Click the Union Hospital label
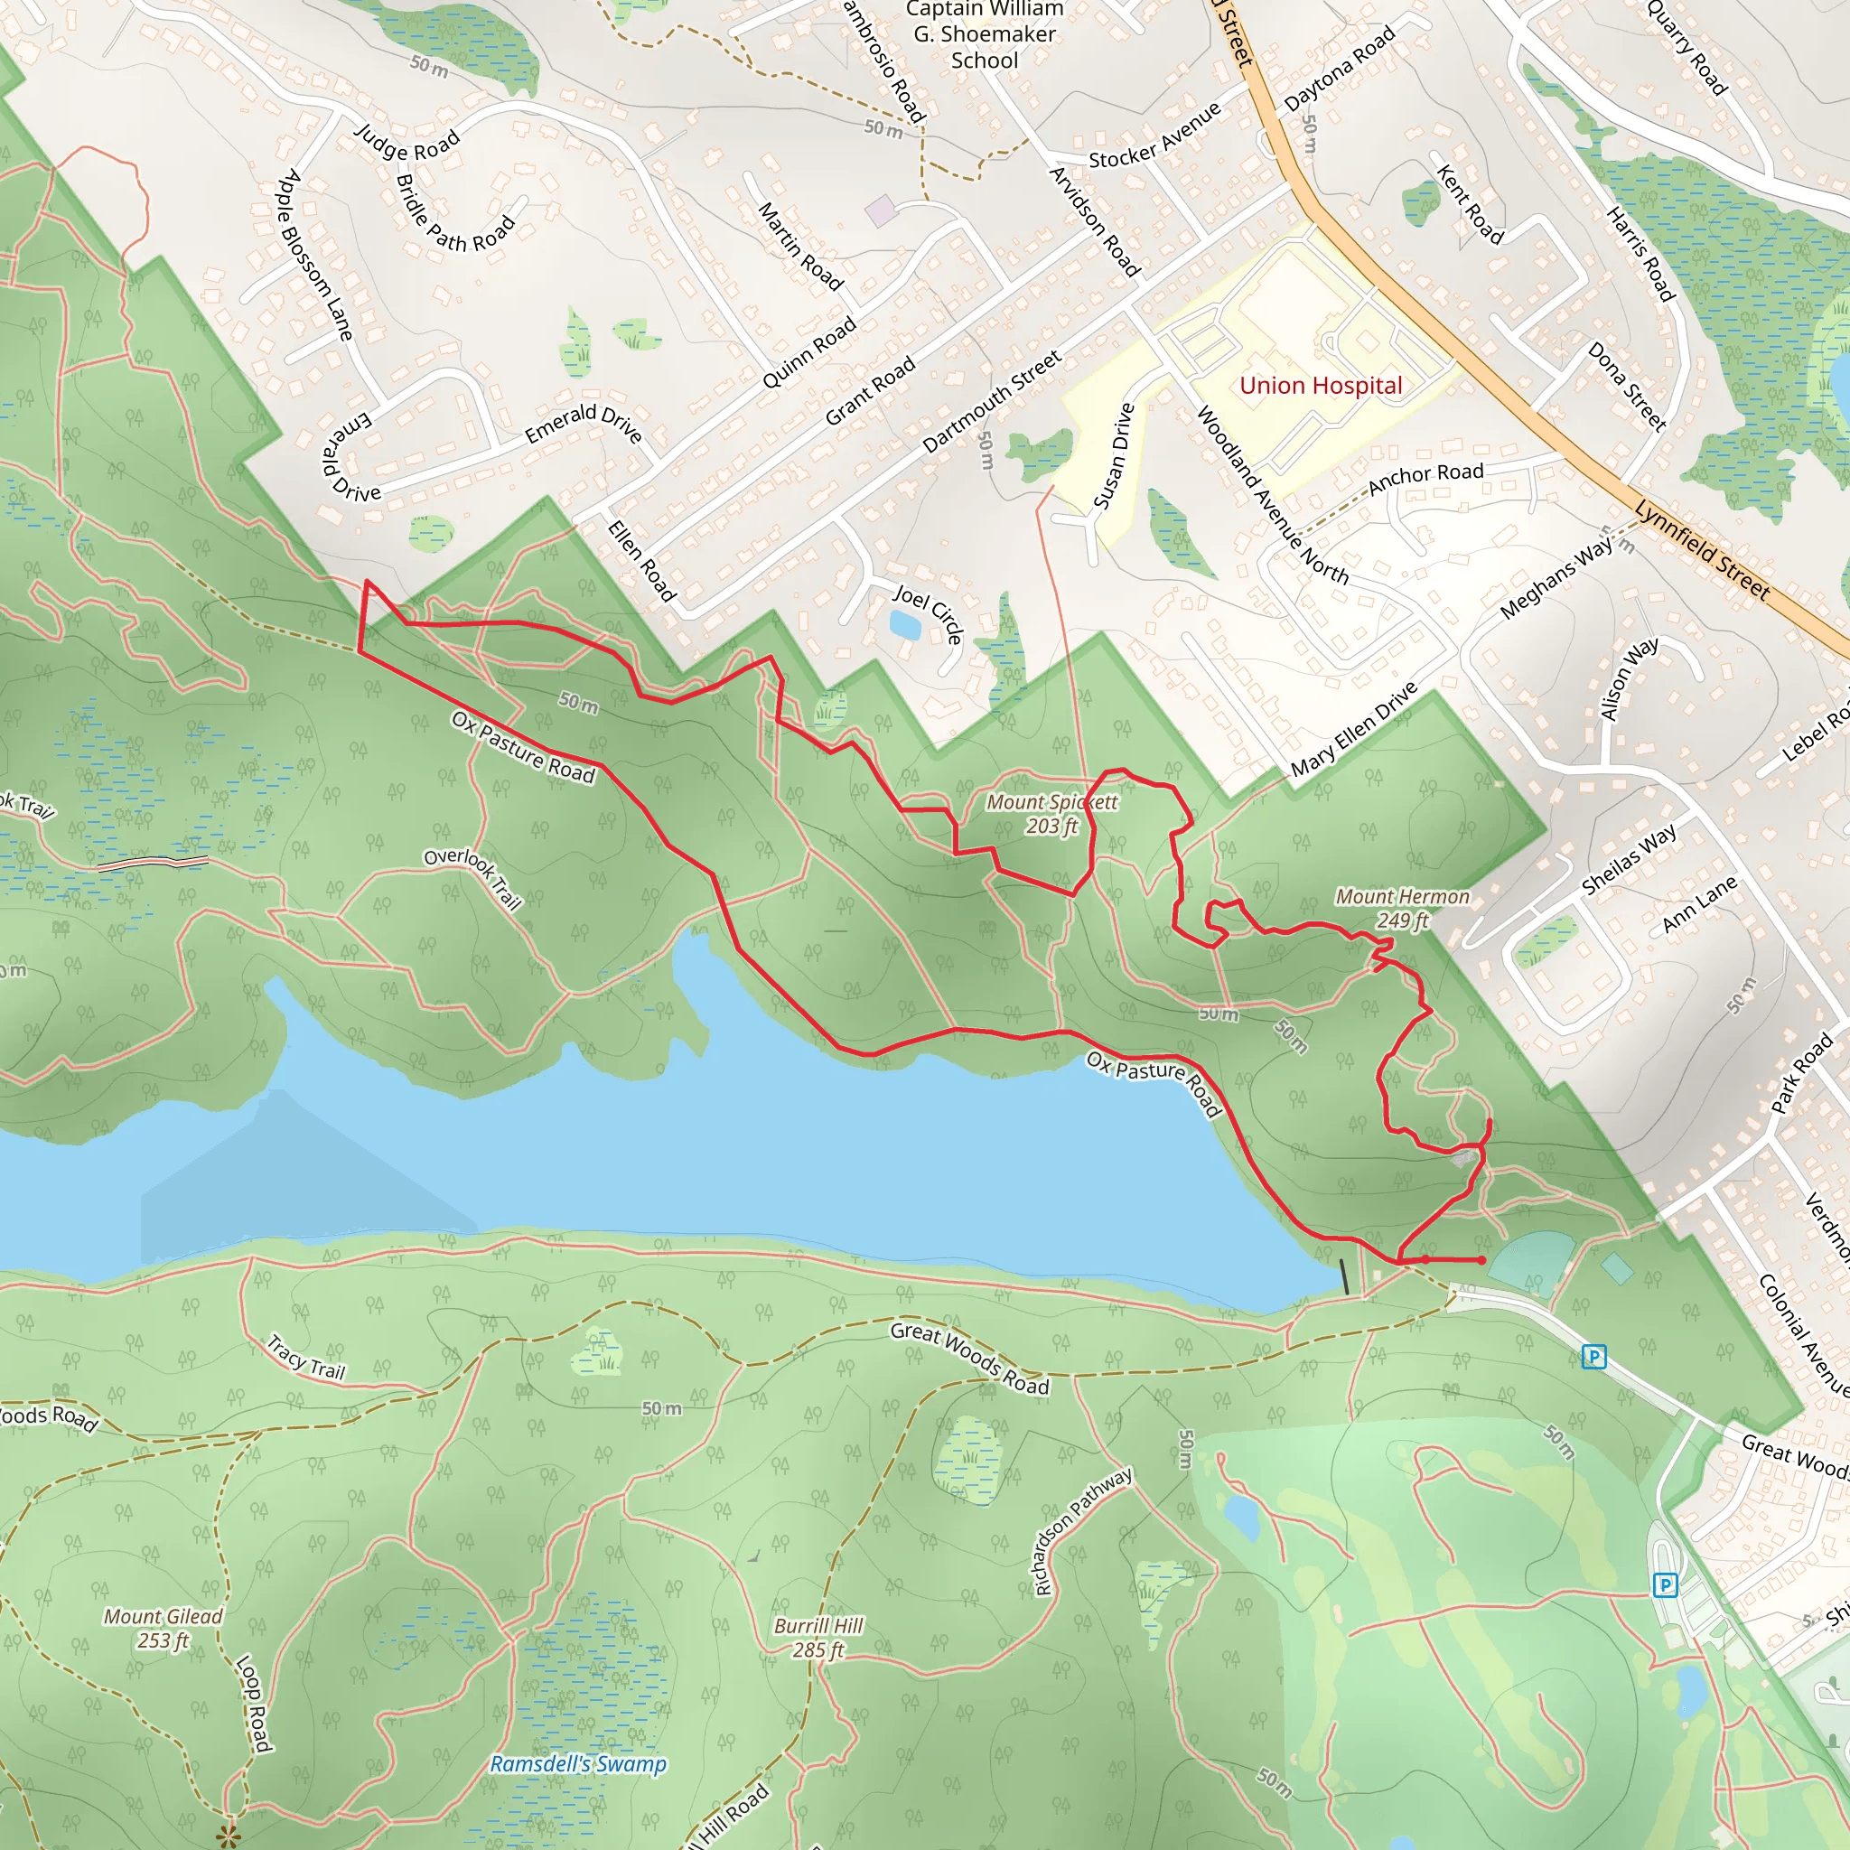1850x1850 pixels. pos(1321,386)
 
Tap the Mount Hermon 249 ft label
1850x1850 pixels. pos(1402,908)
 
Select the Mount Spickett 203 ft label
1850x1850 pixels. pos(1051,814)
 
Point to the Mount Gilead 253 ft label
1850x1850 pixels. pos(163,1628)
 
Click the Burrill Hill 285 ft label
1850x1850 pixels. pos(818,1638)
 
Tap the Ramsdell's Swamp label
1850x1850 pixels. pos(578,1764)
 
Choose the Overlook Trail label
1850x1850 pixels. pos(474,877)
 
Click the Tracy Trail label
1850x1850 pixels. pos(306,1358)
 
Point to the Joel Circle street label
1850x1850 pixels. pos(928,612)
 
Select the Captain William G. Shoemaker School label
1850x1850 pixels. pos(985,34)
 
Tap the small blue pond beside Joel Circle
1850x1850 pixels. pos(905,625)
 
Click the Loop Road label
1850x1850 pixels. pos(252,1704)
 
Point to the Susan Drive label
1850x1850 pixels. pos(1114,456)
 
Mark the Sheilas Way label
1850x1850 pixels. pos(1629,859)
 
